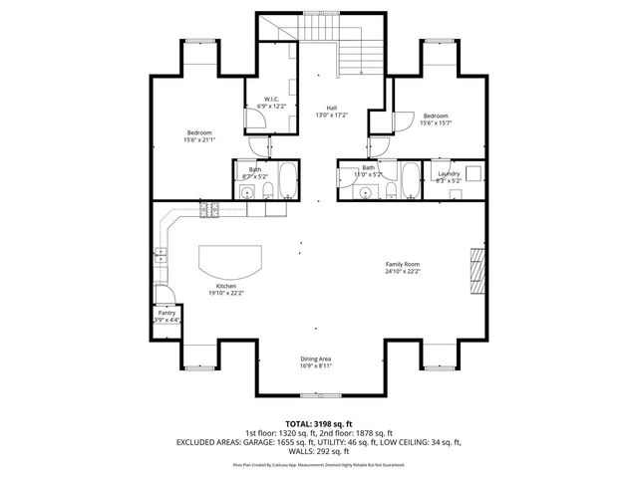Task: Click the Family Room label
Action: point(404,264)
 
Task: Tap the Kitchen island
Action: point(230,263)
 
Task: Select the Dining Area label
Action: point(316,358)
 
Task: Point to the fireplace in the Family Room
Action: point(478,269)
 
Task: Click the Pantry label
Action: point(166,313)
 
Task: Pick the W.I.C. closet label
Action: point(270,99)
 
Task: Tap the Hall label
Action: point(331,109)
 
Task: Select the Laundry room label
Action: point(449,174)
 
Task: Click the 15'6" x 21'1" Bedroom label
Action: point(198,132)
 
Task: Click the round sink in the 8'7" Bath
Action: point(245,193)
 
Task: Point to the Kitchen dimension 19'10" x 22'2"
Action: point(226,293)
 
